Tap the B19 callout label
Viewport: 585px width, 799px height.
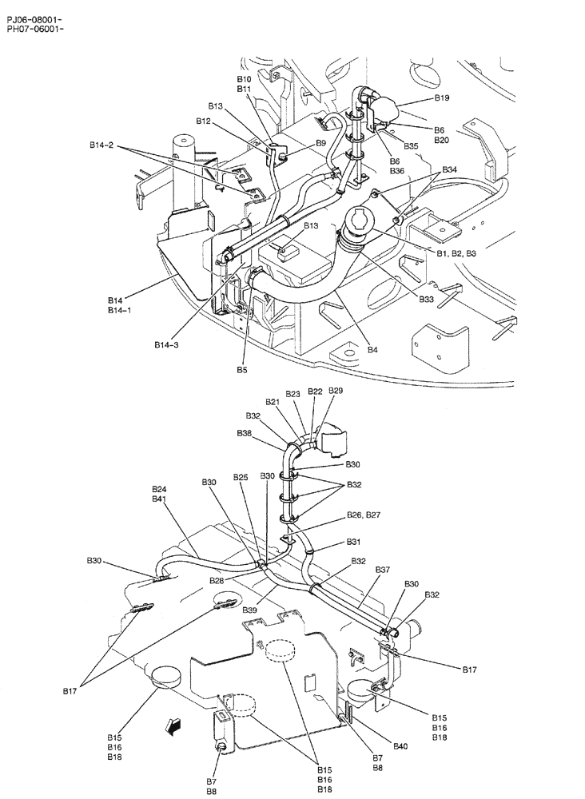(x=442, y=97)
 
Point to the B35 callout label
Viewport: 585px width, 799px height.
(x=411, y=146)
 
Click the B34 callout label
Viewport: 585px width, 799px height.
(x=449, y=169)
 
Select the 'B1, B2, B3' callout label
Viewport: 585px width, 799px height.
(x=456, y=252)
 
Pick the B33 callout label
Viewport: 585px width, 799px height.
(x=427, y=300)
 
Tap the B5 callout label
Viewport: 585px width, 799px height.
(x=242, y=370)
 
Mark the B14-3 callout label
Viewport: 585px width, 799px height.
(x=167, y=345)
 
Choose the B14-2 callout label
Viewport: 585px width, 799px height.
(x=101, y=145)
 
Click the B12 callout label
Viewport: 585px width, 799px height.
(x=204, y=121)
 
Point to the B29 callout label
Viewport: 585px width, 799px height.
(x=336, y=391)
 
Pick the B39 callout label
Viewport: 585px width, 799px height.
(x=250, y=610)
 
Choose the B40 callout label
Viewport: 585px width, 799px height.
(x=400, y=746)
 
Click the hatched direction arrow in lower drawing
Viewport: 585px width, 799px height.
(x=170, y=725)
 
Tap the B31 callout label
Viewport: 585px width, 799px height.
(x=353, y=542)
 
